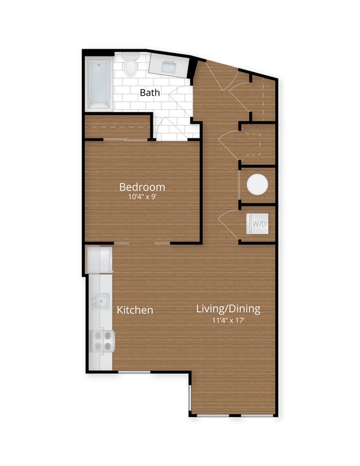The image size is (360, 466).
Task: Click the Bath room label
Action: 150,93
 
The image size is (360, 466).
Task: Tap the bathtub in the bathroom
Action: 100,84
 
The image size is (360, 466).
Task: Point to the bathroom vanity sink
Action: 169,67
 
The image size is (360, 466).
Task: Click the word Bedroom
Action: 142,187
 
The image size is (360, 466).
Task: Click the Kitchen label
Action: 135,310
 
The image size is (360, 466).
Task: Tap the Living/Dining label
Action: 228,309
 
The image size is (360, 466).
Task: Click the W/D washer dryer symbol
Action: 259,224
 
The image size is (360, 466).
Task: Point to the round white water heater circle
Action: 257,185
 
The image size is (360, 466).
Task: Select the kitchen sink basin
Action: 100,301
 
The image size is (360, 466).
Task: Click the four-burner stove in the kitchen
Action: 101,340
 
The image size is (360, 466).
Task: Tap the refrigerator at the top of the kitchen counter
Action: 100,259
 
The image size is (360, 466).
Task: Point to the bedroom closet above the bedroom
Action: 117,127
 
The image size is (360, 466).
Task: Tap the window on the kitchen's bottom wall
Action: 135,372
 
